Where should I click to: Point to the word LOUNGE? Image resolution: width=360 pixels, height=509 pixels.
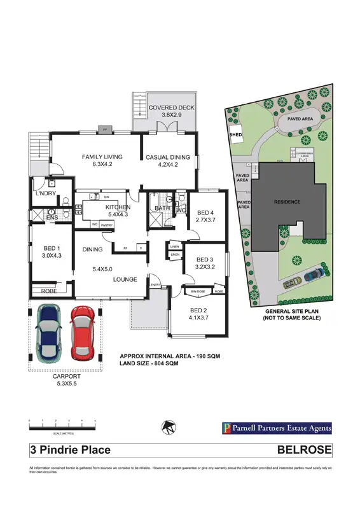click(126, 280)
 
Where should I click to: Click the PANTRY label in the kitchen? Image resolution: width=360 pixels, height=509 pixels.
click(107, 225)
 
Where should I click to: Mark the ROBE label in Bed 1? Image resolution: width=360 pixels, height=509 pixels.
click(48, 291)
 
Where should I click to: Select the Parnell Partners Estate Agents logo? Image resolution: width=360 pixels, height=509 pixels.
click(275, 428)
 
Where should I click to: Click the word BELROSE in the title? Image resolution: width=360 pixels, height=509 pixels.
click(305, 450)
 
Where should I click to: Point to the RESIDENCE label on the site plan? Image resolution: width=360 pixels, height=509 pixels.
click(286, 202)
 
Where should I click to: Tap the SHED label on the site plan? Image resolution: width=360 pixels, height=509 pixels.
click(226, 136)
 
